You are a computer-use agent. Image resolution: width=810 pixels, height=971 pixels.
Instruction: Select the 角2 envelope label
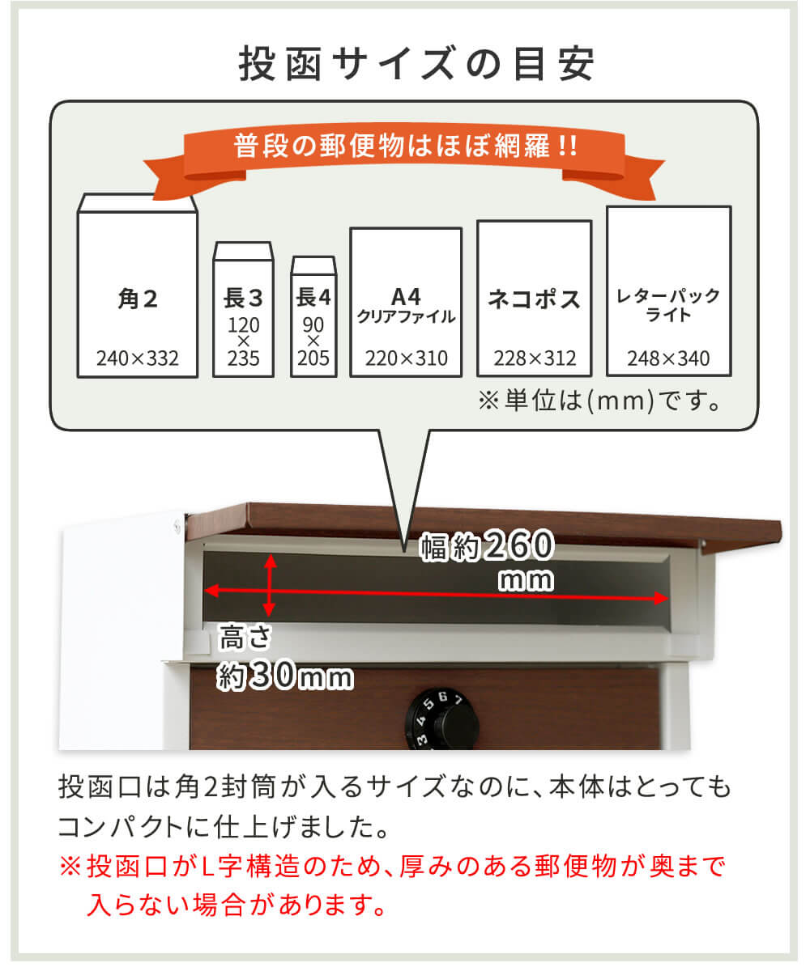[137, 300]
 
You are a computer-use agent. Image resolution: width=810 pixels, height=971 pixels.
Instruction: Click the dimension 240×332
[137, 358]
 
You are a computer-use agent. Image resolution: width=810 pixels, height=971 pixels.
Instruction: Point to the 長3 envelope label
[243, 298]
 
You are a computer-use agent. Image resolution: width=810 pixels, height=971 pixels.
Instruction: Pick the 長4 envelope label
[313, 297]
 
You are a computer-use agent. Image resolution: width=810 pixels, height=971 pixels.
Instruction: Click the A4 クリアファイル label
[406, 304]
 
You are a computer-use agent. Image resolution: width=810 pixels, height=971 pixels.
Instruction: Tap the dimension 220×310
[406, 358]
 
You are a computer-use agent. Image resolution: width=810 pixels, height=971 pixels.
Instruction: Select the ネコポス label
[534, 299]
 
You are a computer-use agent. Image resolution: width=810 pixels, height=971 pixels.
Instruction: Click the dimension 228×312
[534, 358]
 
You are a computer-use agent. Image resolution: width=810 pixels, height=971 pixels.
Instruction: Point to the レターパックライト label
[668, 304]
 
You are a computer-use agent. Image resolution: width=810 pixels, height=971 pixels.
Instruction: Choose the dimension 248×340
[668, 358]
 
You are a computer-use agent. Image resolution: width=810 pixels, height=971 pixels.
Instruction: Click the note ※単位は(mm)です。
[599, 401]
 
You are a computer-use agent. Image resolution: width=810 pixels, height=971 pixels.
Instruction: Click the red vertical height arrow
[271, 585]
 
